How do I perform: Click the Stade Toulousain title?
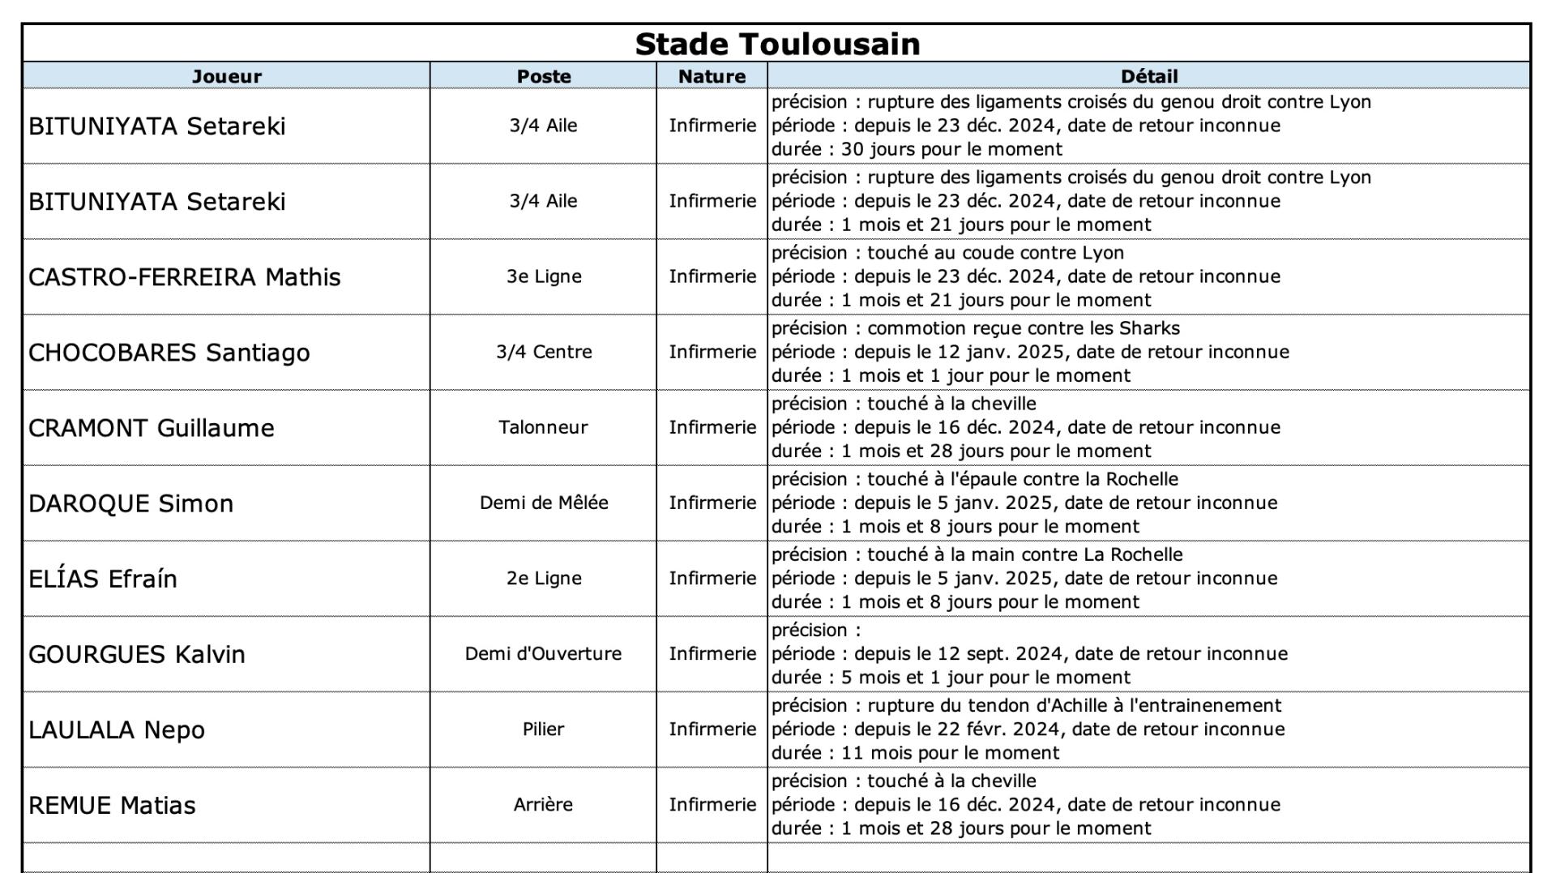coord(777,44)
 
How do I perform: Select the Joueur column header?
coord(226,76)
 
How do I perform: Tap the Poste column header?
coord(544,76)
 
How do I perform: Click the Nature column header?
coord(712,76)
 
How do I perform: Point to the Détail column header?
coord(1148,76)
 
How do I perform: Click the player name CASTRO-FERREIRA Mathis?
coord(185,277)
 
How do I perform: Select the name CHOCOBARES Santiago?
coord(169,353)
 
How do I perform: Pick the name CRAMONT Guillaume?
coord(152,428)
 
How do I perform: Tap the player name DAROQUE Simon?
coord(131,503)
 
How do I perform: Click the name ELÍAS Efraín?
coord(103,579)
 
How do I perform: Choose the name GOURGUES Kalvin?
coord(137,654)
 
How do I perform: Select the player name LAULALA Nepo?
coord(117,730)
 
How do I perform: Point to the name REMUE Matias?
coord(113,806)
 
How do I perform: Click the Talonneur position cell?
coord(543,427)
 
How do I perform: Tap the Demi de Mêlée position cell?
coord(544,503)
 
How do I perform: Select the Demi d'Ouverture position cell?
coord(543,653)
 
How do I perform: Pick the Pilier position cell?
coord(543,729)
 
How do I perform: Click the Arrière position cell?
coord(543,804)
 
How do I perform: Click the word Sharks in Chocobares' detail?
coord(1149,328)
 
